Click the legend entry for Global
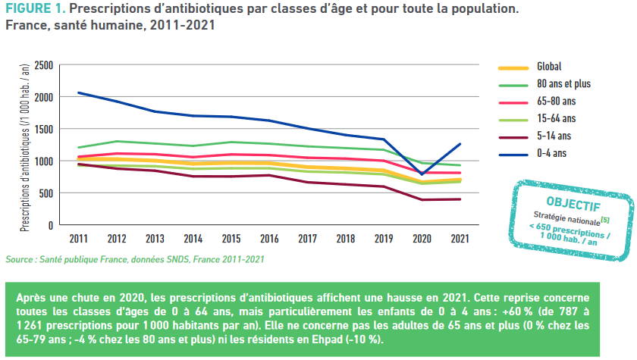pyautogui.click(x=549, y=67)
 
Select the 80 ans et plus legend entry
pyautogui.click(x=563, y=83)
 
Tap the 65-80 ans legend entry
pyautogui.click(x=556, y=101)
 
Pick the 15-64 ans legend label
pyautogui.click(x=556, y=118)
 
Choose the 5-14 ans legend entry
pyautogui.click(x=554, y=136)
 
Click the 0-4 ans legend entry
pyautogui.click(x=551, y=153)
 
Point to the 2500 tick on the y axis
pyautogui.click(x=44, y=66)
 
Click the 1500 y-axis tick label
pyautogui.click(x=44, y=130)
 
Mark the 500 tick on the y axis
pyautogui.click(x=46, y=193)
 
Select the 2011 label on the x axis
pyautogui.click(x=79, y=239)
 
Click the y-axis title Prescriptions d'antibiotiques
pyautogui.click(x=24, y=144)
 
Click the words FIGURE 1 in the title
pyautogui.click(x=32, y=11)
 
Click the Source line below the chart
pyautogui.click(x=135, y=260)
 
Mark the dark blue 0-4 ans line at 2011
pyautogui.click(x=79, y=93)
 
